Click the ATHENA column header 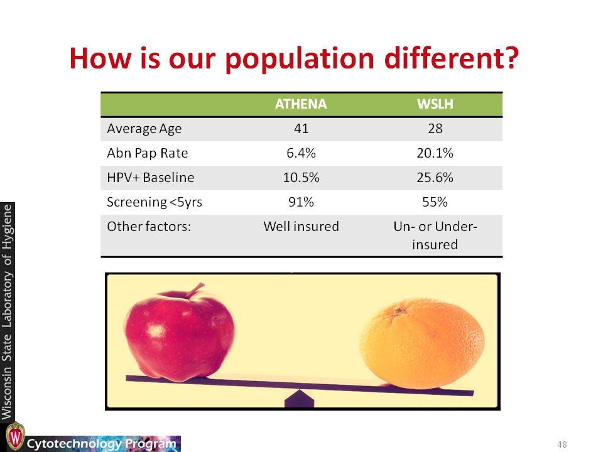(x=301, y=104)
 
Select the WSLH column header (x=435, y=104)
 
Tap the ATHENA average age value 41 (x=301, y=128)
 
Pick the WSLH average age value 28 (x=435, y=128)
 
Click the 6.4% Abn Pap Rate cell (x=301, y=153)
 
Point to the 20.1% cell (x=435, y=153)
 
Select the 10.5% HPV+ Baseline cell (x=301, y=178)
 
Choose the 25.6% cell (x=435, y=178)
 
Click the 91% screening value (x=301, y=202)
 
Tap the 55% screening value (x=435, y=202)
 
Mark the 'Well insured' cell (x=301, y=227)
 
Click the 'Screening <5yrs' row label (x=155, y=202)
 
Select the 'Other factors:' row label (x=149, y=227)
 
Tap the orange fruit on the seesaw (x=422, y=343)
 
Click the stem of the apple (x=195, y=290)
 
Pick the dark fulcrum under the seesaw (x=299, y=399)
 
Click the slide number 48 (x=562, y=444)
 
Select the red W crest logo (x=15, y=436)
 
